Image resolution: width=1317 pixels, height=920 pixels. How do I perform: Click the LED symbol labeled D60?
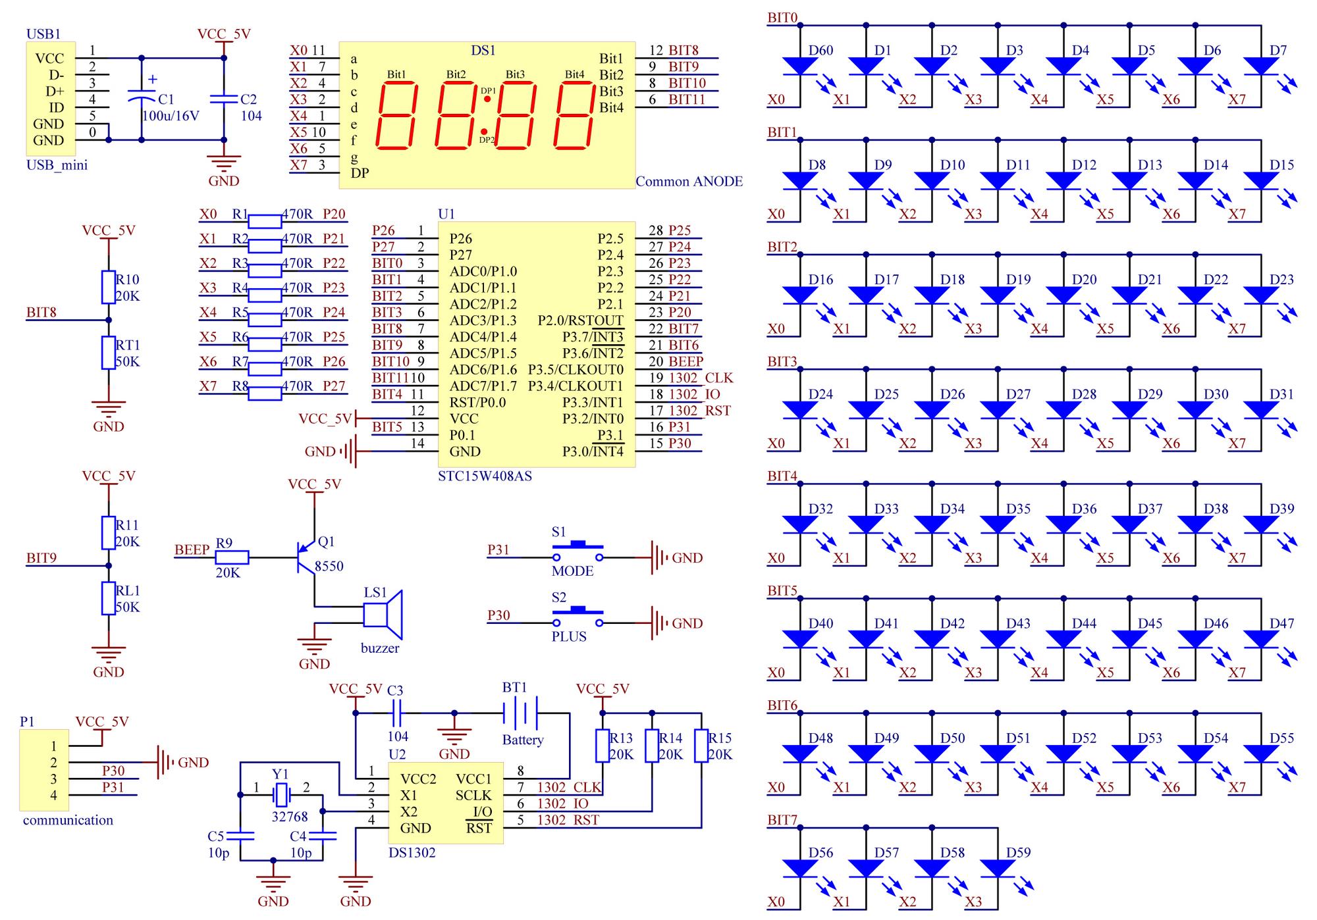(800, 66)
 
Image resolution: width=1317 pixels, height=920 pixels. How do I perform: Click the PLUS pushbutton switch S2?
(578, 617)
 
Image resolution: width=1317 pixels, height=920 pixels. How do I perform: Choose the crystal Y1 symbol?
(281, 795)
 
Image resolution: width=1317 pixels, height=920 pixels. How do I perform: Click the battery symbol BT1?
(521, 713)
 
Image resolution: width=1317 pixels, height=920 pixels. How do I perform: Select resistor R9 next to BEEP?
(232, 557)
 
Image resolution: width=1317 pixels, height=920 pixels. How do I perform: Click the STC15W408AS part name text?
(485, 476)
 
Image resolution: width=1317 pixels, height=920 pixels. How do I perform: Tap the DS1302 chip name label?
(412, 853)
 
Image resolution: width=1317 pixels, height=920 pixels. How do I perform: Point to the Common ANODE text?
(689, 182)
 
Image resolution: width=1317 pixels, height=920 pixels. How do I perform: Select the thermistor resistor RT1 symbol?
(109, 353)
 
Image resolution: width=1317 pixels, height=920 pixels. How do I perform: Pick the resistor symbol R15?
(701, 746)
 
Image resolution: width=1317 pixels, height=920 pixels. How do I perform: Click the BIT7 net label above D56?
(782, 820)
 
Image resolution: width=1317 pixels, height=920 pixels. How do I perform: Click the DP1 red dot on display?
(487, 99)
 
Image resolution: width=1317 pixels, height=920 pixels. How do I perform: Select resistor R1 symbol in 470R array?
(266, 221)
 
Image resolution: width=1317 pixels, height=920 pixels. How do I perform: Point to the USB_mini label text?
(57, 165)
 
